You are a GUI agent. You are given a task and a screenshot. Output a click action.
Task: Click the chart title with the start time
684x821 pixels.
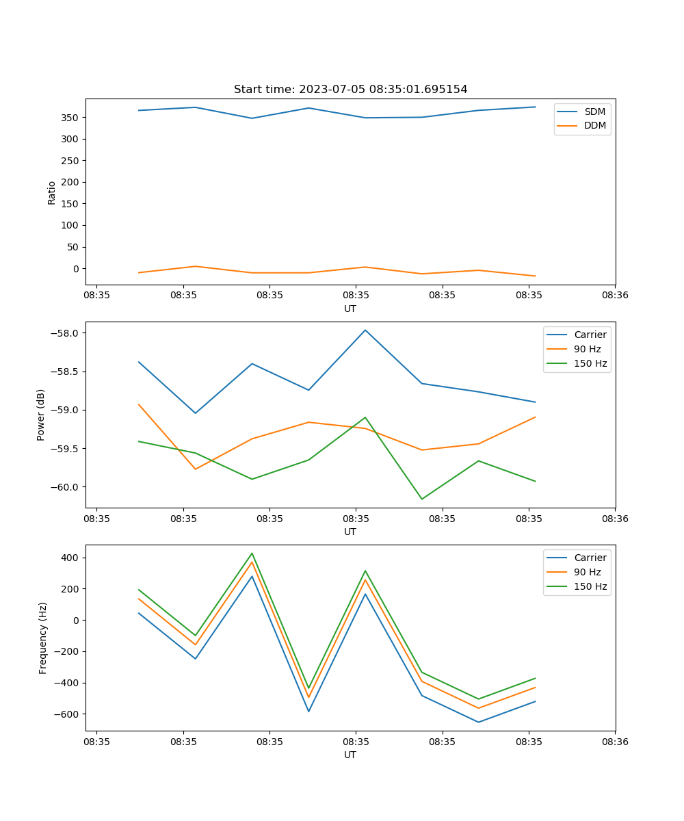[350, 90]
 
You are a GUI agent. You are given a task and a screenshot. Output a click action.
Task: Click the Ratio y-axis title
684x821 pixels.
[52, 192]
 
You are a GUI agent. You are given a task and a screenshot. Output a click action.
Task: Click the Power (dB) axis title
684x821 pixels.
[41, 415]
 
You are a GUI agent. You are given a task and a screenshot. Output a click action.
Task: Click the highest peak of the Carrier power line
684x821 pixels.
[365, 330]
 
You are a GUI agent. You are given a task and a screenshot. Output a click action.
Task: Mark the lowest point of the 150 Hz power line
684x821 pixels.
[421, 499]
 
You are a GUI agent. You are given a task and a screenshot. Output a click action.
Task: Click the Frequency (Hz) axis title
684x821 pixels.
[43, 638]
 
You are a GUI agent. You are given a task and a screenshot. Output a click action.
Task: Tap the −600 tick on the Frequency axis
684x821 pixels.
[68, 714]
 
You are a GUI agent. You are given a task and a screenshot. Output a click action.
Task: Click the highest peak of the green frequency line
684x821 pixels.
[252, 553]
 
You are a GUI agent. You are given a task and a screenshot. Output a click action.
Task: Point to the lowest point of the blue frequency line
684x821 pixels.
[478, 722]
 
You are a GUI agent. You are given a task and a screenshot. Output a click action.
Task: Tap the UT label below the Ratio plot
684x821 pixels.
[350, 309]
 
